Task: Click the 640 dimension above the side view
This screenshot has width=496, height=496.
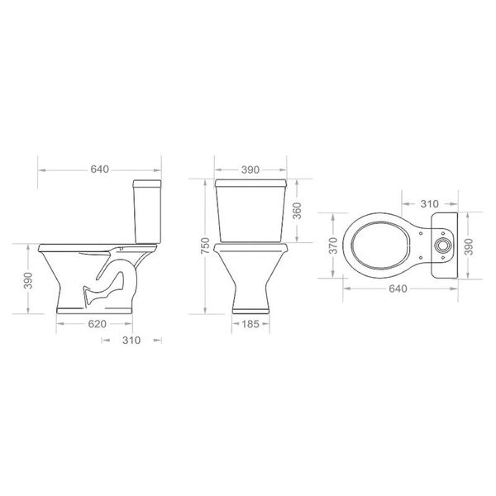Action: point(100,169)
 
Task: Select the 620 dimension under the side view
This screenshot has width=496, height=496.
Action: point(97,324)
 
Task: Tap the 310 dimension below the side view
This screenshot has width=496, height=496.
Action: point(131,341)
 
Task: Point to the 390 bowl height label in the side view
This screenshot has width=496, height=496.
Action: point(28,280)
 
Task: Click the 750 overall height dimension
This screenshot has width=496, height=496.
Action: point(205,246)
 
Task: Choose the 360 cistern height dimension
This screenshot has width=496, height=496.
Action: point(297,211)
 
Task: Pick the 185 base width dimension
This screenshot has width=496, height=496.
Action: point(250,324)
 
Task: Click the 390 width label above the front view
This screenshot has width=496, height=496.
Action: point(250,169)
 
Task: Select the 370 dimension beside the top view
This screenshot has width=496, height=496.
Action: point(333,246)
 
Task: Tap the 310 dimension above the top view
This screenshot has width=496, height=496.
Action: point(430,204)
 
